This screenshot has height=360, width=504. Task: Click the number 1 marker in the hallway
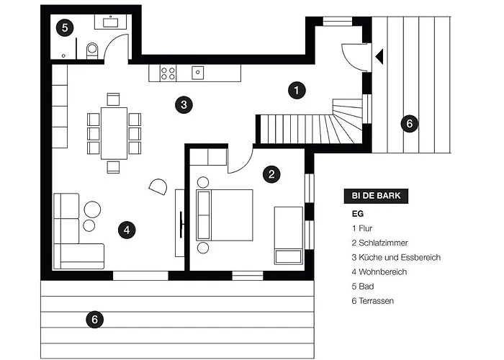[x=296, y=91]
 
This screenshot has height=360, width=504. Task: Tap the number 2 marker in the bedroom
[x=271, y=174]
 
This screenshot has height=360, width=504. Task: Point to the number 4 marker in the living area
[x=126, y=230]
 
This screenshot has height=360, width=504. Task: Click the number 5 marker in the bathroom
[x=65, y=28]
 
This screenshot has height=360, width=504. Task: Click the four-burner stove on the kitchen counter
[x=168, y=72]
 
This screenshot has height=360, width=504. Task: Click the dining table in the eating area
[x=114, y=132]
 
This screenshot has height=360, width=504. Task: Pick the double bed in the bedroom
[x=225, y=215]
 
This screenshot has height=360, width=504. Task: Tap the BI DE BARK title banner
[x=377, y=195]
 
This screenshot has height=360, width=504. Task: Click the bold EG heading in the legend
[x=357, y=213]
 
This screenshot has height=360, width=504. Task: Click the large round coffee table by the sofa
[x=92, y=210]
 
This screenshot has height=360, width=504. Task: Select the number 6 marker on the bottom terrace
[x=92, y=319]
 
